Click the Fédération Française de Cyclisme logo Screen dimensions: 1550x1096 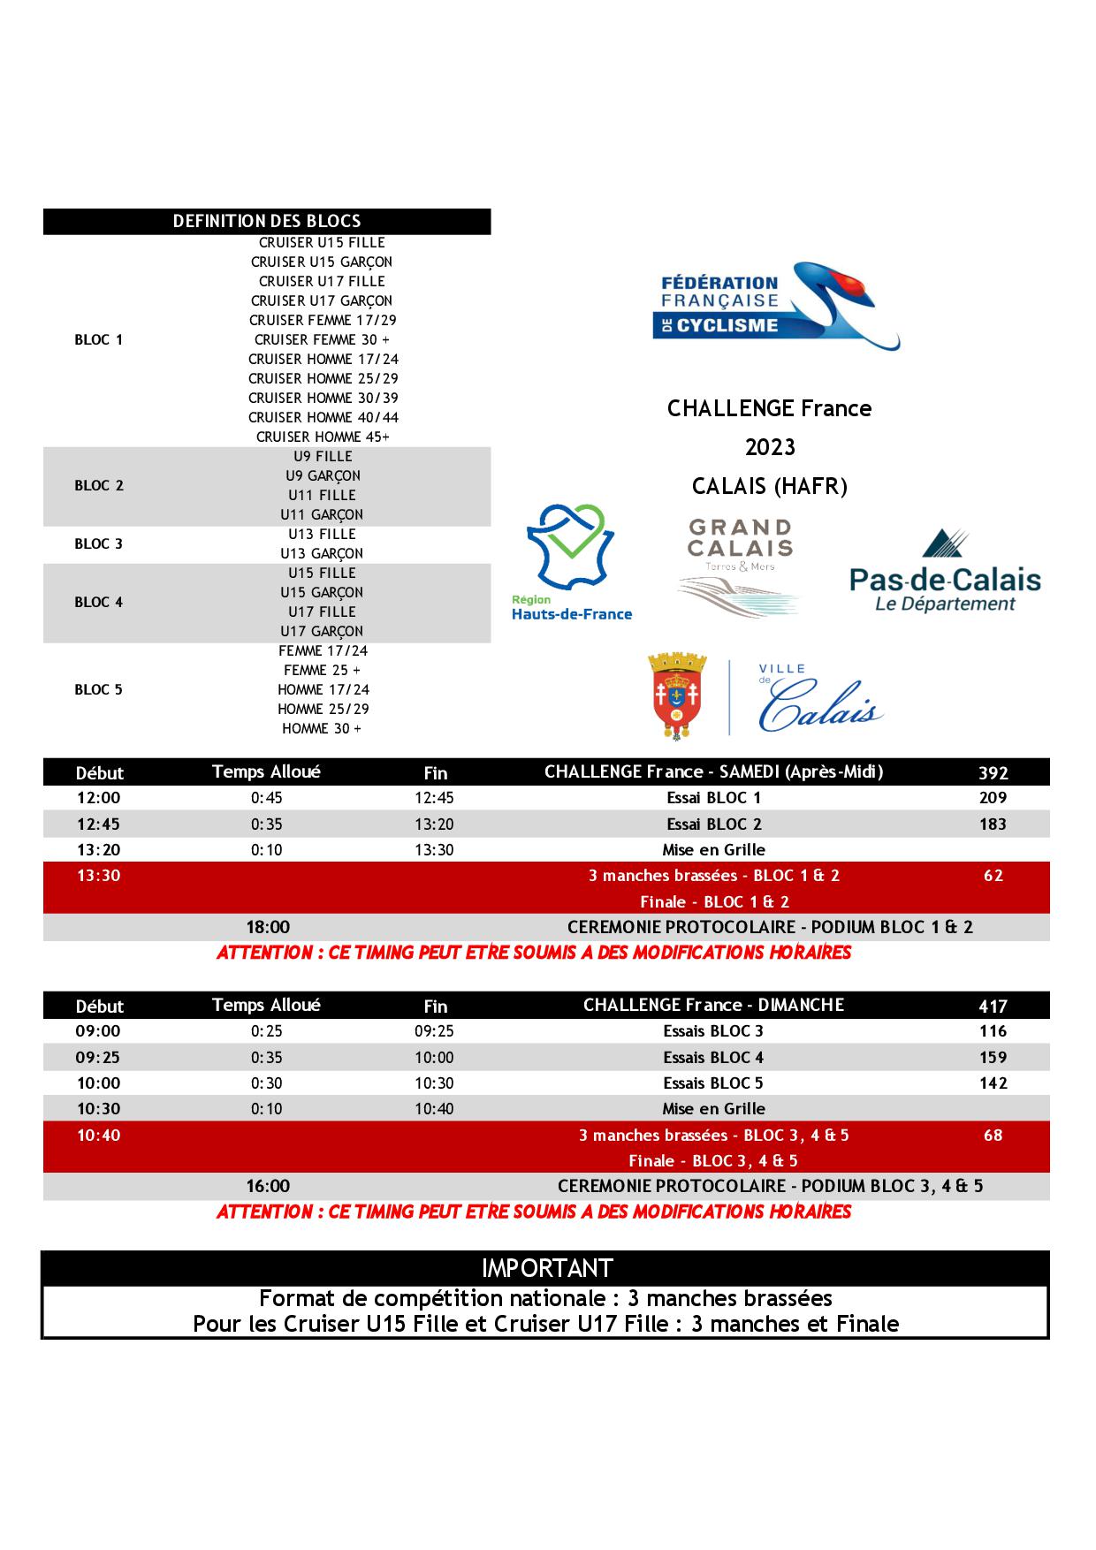[x=775, y=306]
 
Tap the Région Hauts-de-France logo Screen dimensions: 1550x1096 [x=571, y=563]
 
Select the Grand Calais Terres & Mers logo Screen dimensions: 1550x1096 [x=740, y=566]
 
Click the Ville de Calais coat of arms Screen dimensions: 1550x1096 [x=678, y=695]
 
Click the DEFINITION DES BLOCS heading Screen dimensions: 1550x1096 [x=267, y=221]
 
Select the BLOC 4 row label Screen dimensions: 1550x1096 [x=99, y=603]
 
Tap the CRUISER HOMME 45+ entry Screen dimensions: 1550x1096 [x=323, y=437]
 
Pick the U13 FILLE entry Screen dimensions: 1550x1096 [x=321, y=534]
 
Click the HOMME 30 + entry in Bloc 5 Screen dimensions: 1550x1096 [x=321, y=728]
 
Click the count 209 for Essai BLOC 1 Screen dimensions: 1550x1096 [x=993, y=798]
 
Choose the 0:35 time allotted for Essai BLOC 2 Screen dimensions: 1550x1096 [x=266, y=824]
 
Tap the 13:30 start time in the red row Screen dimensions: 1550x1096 [x=98, y=876]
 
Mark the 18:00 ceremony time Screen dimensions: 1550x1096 [x=268, y=927]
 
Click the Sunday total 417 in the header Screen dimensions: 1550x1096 [x=993, y=1006]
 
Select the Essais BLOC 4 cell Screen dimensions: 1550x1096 [x=713, y=1057]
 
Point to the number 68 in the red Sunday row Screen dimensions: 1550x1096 [x=993, y=1135]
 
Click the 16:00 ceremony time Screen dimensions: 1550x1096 [x=268, y=1186]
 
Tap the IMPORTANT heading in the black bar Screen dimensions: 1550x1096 [x=547, y=1268]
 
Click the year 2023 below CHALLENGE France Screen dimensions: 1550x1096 [x=770, y=447]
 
